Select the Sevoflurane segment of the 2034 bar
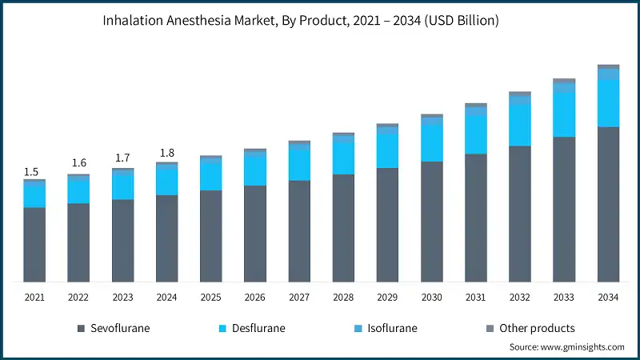coord(609,204)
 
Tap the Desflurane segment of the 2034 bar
coord(609,102)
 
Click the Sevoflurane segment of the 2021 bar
coord(34,245)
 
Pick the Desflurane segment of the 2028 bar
coord(344,158)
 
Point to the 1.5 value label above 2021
coord(31,172)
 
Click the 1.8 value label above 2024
coord(166,153)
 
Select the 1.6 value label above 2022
coord(79,163)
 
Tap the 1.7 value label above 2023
coord(123,158)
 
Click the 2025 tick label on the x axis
coord(211,298)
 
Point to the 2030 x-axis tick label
coord(432,298)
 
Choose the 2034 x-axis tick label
coord(609,298)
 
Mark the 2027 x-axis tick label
coord(299,298)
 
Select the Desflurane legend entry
coord(251,328)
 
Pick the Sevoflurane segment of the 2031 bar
coord(476,218)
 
